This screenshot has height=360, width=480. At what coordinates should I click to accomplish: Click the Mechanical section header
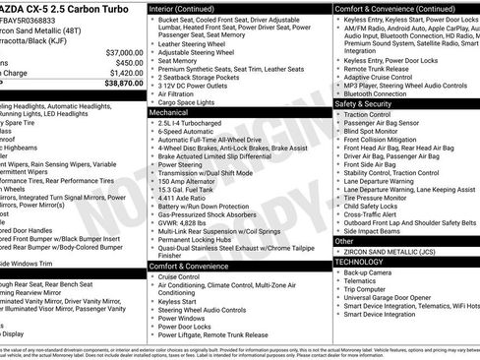pyautogui.click(x=172, y=113)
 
